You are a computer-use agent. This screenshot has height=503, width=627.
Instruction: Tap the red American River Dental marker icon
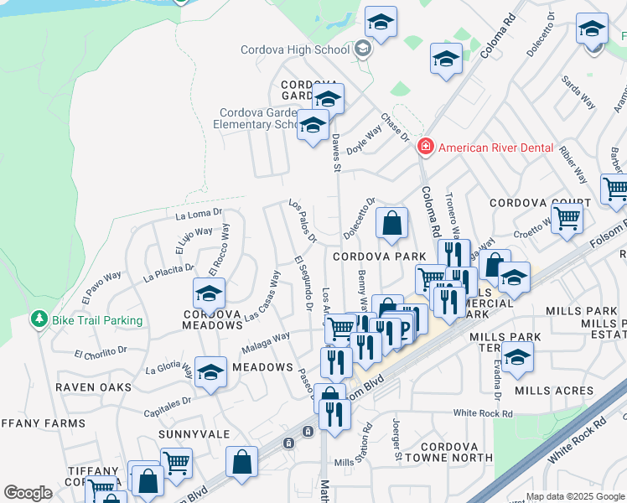point(426,148)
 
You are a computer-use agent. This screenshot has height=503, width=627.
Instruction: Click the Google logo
point(28,493)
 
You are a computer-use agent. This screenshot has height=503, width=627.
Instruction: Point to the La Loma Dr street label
point(199,215)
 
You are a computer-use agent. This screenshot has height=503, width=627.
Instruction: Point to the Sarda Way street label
point(578,92)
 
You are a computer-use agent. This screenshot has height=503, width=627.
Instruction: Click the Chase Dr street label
point(394,127)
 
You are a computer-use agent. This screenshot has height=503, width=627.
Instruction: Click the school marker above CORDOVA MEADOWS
point(209,293)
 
